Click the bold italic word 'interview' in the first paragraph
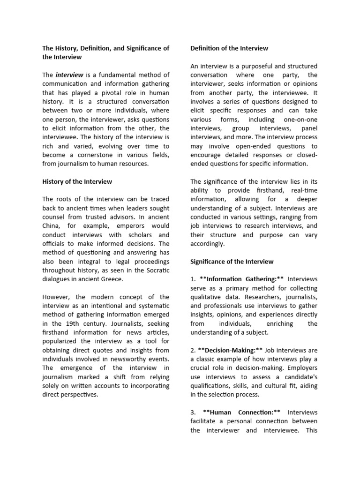[69, 75]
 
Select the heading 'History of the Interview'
[77, 181]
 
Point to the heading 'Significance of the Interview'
[232, 261]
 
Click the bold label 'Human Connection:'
[242, 412]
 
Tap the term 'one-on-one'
[300, 120]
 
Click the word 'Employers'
[301, 368]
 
